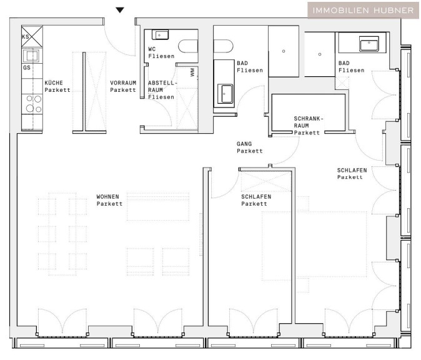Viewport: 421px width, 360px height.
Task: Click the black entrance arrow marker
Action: (x=120, y=10)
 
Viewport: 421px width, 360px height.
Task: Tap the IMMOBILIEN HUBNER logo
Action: (x=363, y=11)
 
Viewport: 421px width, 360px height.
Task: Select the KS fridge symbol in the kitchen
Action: (x=32, y=36)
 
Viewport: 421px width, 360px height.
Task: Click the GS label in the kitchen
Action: (x=27, y=67)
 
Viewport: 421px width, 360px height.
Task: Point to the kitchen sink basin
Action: (x=32, y=56)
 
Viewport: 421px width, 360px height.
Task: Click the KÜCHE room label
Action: (x=54, y=82)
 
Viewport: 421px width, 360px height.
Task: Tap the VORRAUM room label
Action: (x=123, y=82)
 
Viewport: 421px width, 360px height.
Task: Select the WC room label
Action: (x=152, y=49)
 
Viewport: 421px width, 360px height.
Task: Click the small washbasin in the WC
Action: (x=161, y=34)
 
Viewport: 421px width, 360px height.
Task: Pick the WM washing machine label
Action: (x=192, y=72)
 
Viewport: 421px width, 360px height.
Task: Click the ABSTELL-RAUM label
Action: (x=162, y=90)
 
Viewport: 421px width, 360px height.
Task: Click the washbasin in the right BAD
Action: (x=369, y=44)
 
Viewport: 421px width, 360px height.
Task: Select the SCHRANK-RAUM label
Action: (x=308, y=126)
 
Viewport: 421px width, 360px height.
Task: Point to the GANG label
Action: (x=244, y=144)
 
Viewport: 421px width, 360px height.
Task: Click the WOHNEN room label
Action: (x=107, y=197)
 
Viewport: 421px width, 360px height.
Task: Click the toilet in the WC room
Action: (x=188, y=46)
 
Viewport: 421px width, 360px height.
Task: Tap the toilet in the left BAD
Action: (x=224, y=46)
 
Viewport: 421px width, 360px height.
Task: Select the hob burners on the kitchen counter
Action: (x=34, y=103)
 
